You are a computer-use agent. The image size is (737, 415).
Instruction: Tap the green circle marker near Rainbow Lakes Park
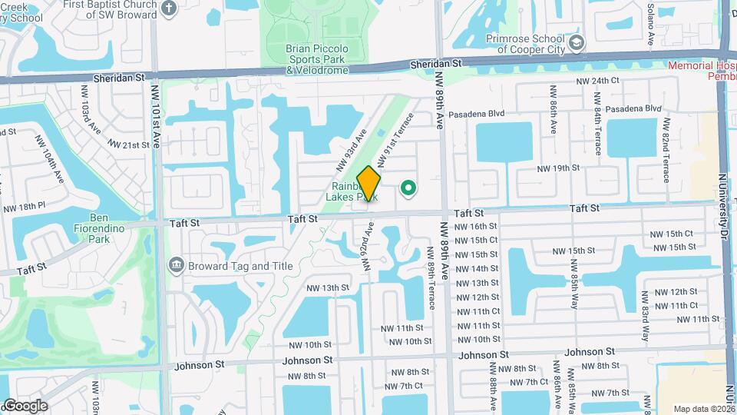click(408, 188)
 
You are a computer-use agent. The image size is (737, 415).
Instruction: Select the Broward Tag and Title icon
click(177, 266)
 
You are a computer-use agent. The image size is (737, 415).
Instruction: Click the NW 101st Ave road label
click(156, 128)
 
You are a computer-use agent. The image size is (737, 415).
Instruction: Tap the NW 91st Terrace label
click(395, 134)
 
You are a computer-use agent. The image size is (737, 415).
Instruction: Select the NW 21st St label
click(127, 144)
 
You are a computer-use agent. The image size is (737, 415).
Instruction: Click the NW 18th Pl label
click(25, 208)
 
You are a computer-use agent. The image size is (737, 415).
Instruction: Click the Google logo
click(25, 406)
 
